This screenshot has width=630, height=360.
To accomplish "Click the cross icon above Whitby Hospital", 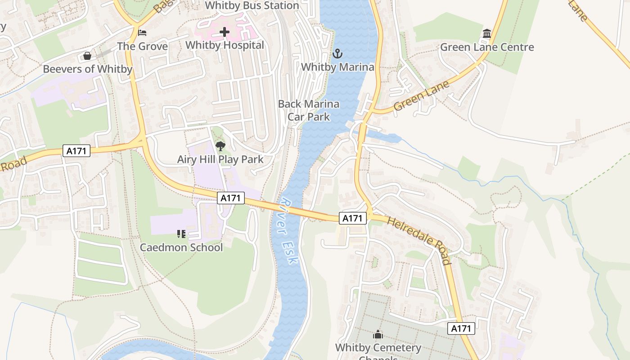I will [225, 32].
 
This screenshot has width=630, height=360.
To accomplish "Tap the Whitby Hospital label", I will [225, 45].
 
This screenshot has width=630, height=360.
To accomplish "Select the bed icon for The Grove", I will [142, 33].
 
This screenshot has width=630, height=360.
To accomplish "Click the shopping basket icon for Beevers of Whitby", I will [87, 56].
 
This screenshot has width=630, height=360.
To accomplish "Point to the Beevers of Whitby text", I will [87, 69].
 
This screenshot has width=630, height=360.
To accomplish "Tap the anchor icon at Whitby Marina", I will [337, 54].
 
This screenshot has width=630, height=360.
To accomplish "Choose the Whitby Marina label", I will [337, 67].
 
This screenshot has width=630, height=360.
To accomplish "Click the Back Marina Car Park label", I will [309, 110].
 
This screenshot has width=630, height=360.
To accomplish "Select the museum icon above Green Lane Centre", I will [486, 34].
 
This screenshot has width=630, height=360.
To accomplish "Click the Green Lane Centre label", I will [486, 47].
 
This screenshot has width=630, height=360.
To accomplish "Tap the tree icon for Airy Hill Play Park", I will [220, 146].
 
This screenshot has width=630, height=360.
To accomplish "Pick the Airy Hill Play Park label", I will [220, 159].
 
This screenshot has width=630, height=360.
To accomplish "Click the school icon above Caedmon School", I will [181, 234].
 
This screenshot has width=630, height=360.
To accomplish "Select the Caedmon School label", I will [181, 247].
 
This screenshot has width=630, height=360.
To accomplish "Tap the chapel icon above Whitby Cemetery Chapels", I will [378, 334].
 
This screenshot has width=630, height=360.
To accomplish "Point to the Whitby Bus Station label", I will [252, 6].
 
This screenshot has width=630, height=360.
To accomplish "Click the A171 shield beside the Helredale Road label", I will [352, 218].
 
